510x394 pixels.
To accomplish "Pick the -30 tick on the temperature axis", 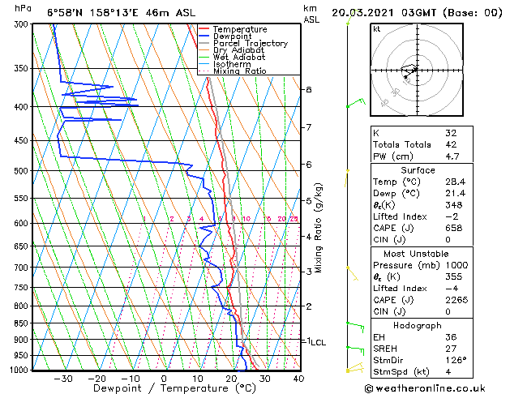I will click(62, 378).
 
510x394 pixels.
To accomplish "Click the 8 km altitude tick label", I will click(308, 89).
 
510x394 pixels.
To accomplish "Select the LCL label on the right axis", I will click(317, 342).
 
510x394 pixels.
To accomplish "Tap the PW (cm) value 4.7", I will click(452, 156).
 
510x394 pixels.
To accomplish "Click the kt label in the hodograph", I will click(377, 28).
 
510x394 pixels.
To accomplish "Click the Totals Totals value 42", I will click(450, 144).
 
